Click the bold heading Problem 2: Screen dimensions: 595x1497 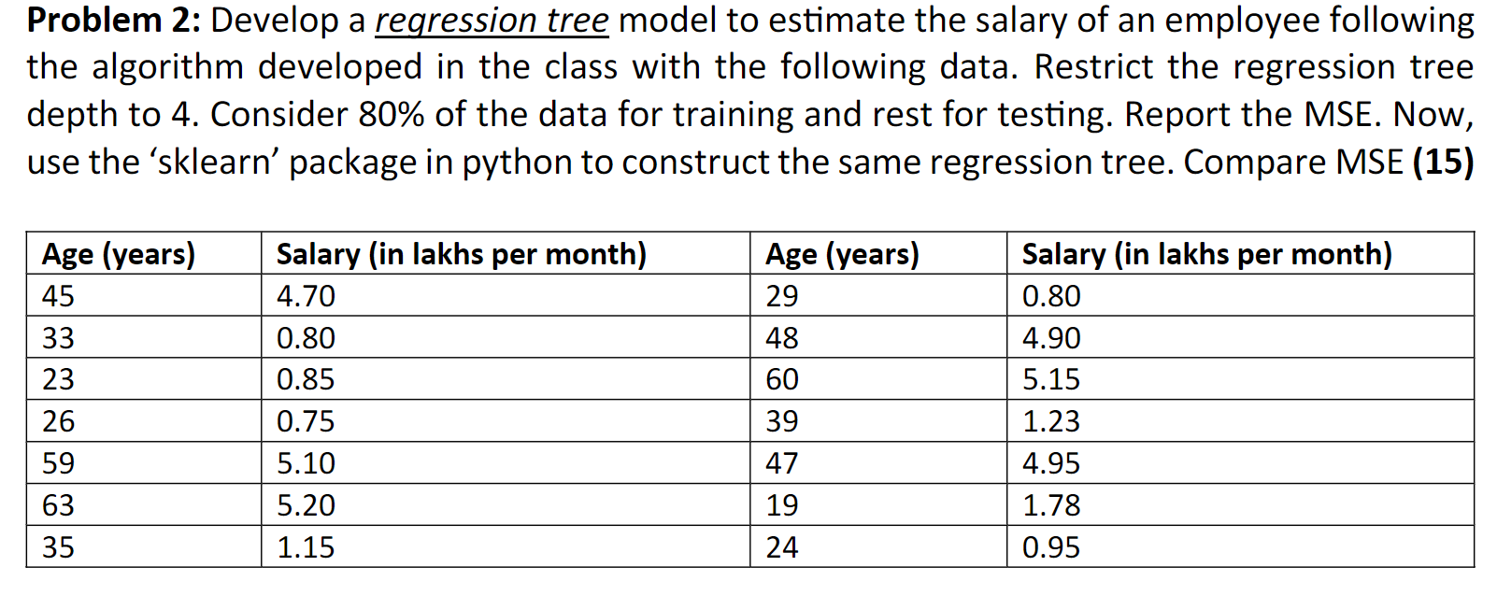click(113, 21)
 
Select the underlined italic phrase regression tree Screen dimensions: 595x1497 click(492, 21)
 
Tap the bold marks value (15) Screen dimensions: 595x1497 click(1443, 162)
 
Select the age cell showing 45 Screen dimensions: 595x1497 click(58, 296)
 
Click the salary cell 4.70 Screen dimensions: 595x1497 click(306, 296)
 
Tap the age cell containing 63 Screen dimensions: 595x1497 click(58, 505)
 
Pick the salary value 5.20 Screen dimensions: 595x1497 click(306, 505)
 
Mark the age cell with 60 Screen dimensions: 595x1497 click(782, 379)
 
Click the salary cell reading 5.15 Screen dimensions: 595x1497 click(1050, 379)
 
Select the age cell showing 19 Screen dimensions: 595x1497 click(782, 505)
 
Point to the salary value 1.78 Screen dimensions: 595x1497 click(1050, 505)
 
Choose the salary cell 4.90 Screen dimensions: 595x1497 click(1050, 338)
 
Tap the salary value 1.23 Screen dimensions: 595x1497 click(1050, 421)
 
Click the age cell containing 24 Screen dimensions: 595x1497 click(782, 547)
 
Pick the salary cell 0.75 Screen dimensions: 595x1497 click(306, 421)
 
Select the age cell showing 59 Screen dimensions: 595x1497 click(58, 463)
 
